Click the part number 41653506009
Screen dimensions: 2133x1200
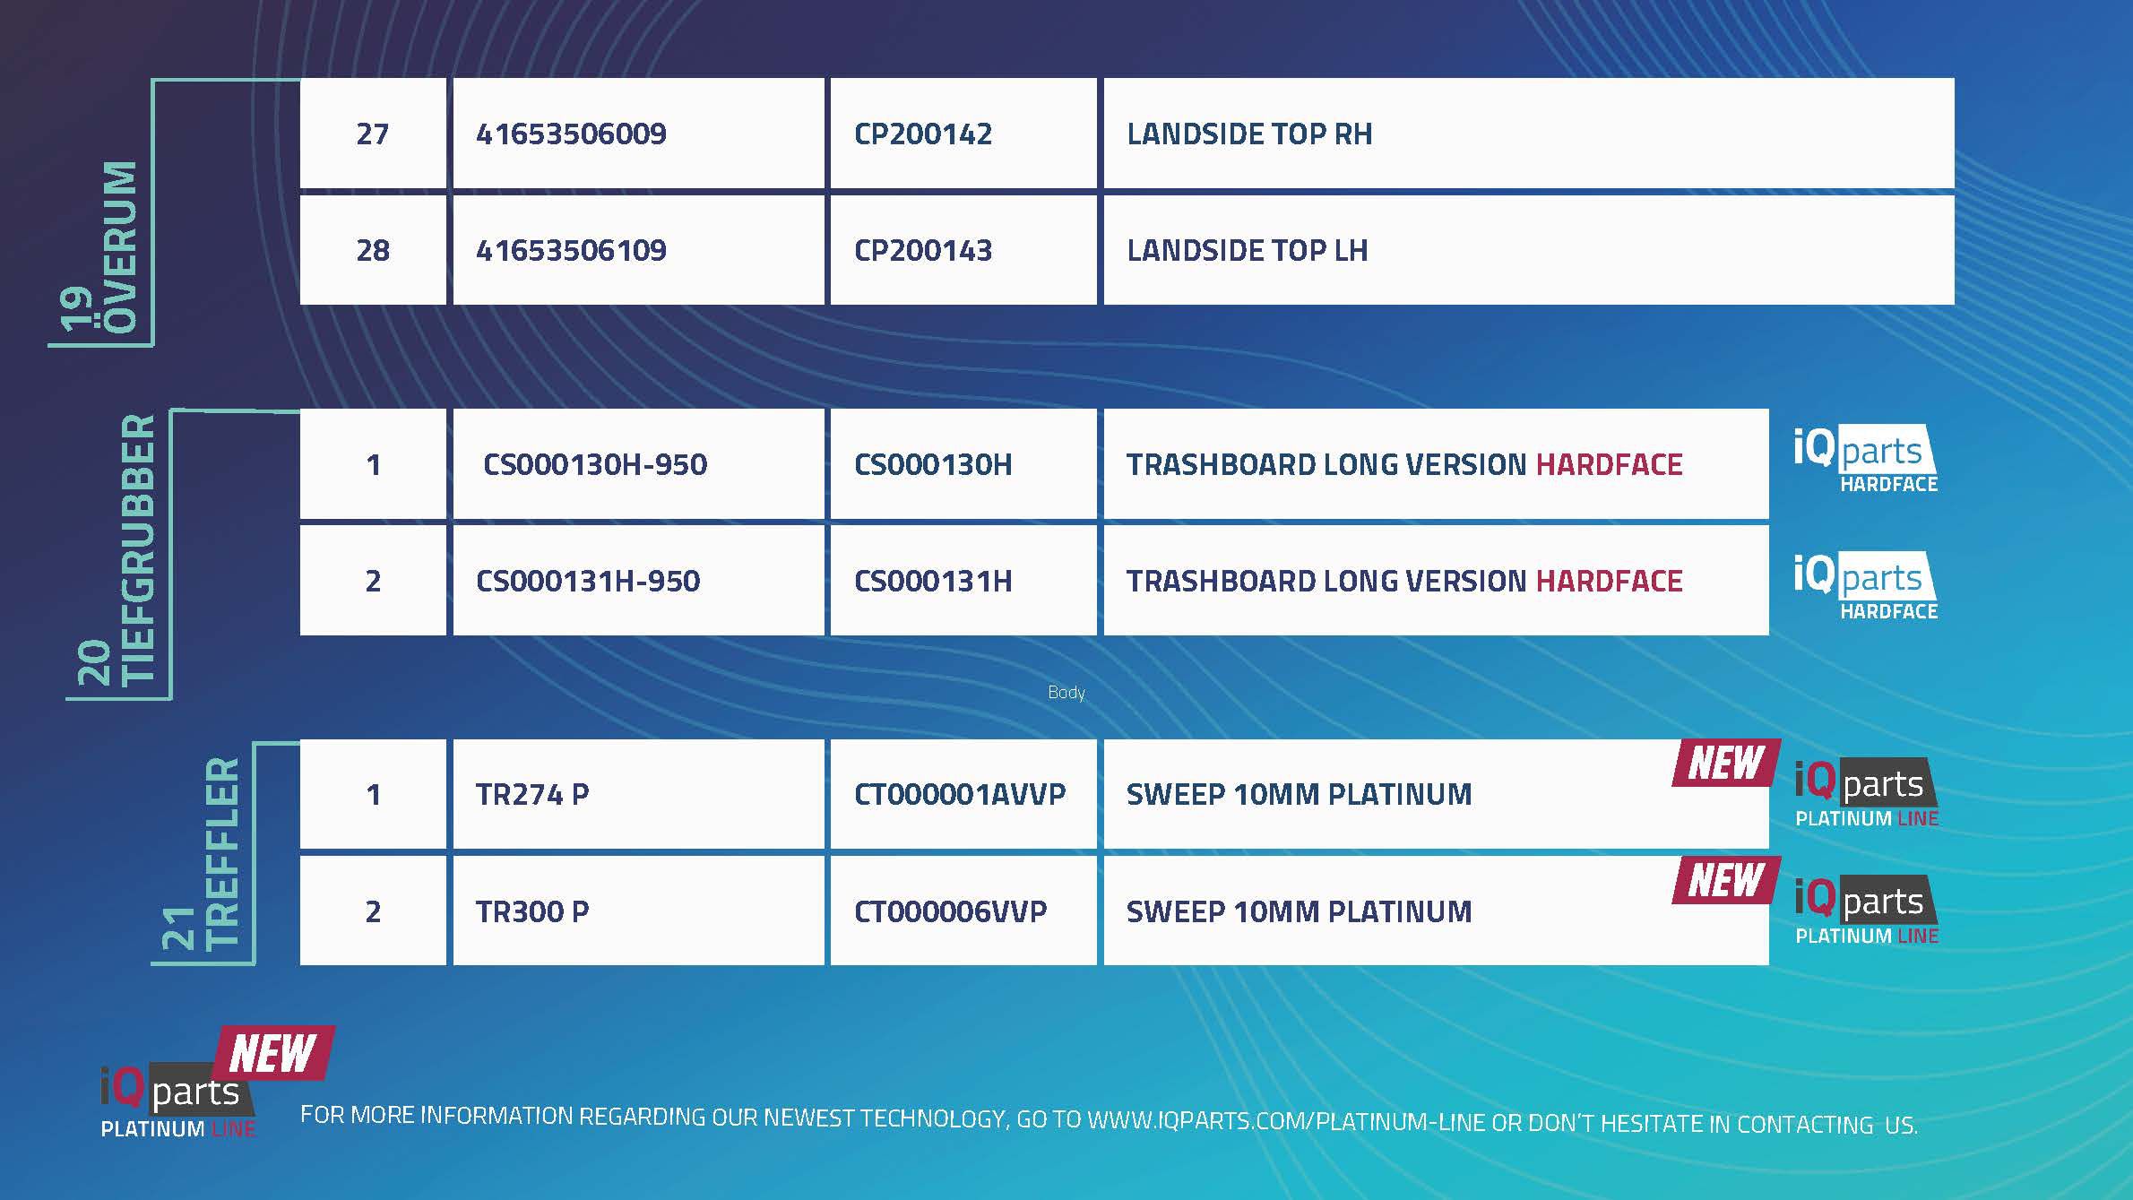(x=571, y=134)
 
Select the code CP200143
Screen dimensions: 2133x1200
(x=923, y=250)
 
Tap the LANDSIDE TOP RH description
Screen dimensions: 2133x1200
(x=1249, y=134)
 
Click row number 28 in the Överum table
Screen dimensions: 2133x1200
(x=373, y=250)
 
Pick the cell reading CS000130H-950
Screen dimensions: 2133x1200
(x=595, y=464)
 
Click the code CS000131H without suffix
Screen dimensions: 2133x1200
(x=933, y=581)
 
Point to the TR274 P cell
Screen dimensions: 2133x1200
(x=532, y=794)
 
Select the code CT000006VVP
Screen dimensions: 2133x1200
(x=950, y=911)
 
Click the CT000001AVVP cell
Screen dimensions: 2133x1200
(x=960, y=794)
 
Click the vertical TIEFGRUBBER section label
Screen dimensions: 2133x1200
(x=139, y=549)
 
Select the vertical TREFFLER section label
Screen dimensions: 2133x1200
(x=222, y=854)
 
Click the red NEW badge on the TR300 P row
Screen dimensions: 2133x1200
(x=1725, y=880)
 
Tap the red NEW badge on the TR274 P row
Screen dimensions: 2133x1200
(x=1725, y=764)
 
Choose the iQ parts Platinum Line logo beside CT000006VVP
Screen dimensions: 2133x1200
(x=1867, y=910)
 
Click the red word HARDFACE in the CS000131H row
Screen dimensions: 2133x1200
(x=1610, y=581)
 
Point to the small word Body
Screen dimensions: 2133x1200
(x=1066, y=693)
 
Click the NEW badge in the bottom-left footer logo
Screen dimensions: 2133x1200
(x=272, y=1053)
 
